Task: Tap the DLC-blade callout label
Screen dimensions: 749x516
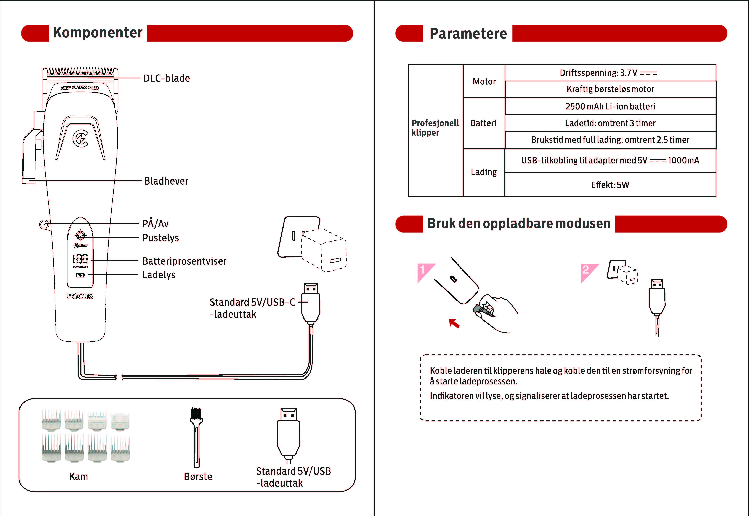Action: tap(167, 78)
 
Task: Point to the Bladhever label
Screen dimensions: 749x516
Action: tap(166, 181)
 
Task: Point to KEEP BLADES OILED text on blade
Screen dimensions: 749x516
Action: tap(80, 88)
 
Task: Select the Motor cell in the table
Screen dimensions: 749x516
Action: tap(484, 81)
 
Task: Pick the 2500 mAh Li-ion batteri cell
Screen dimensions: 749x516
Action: tap(610, 106)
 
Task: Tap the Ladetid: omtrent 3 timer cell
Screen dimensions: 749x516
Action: tap(610, 123)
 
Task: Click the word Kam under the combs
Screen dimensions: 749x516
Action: tap(79, 477)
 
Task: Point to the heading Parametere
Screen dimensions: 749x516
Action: tap(468, 33)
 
